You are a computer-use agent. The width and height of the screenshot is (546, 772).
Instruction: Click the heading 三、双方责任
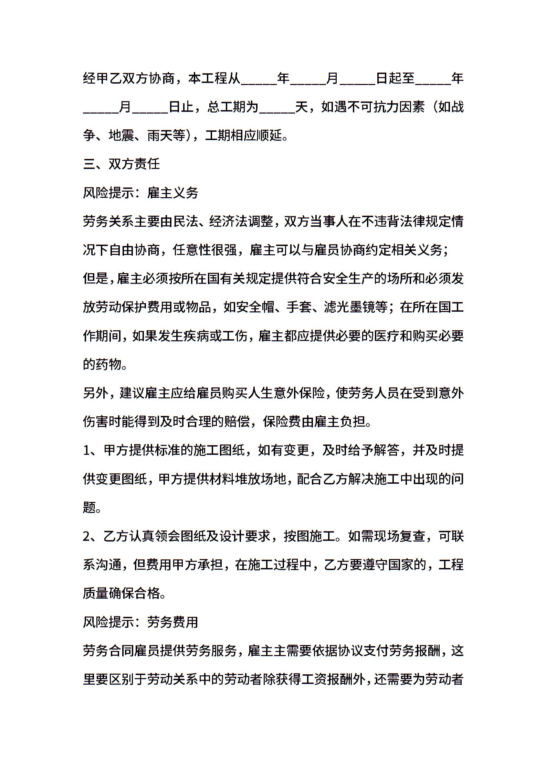pyautogui.click(x=122, y=164)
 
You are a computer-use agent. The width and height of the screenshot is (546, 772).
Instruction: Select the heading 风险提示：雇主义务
pyautogui.click(x=140, y=193)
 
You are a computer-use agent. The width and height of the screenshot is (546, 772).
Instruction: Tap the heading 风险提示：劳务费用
pyautogui.click(x=140, y=622)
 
